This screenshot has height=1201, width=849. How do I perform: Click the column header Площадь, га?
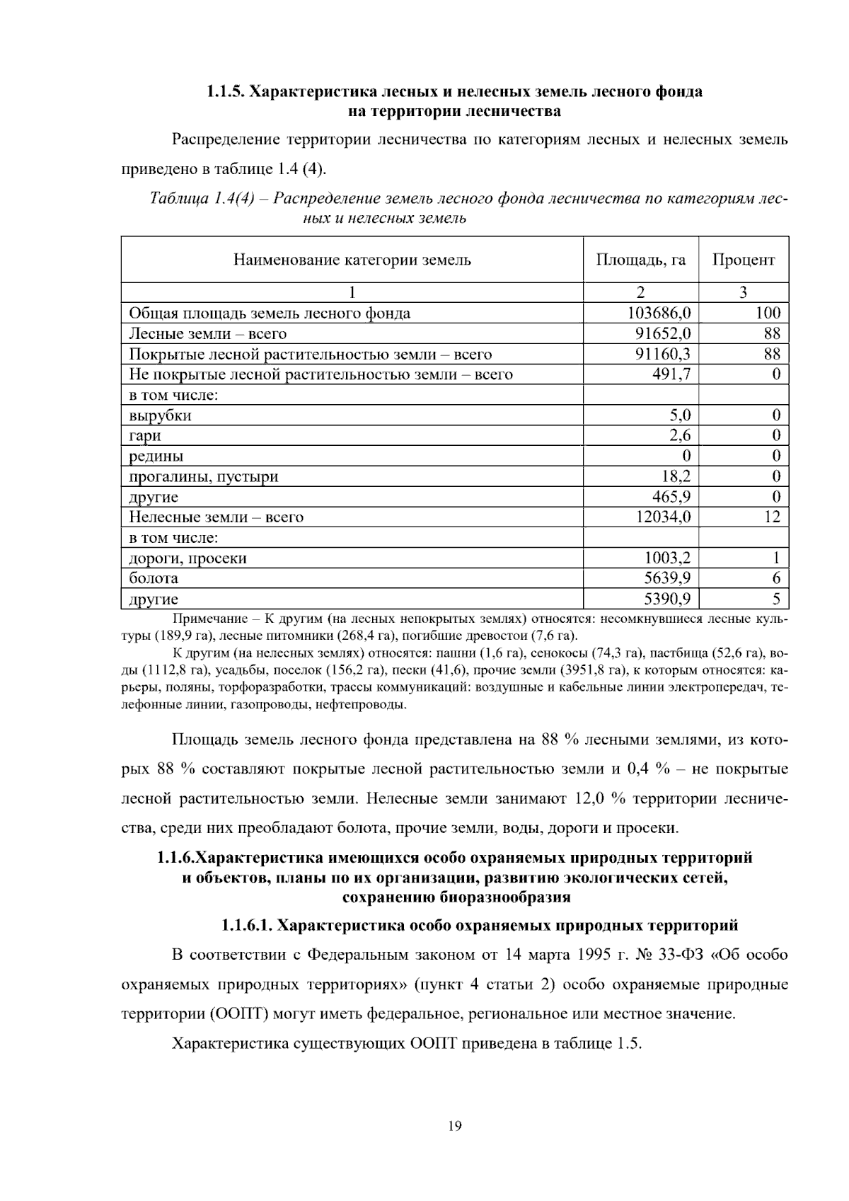point(640,260)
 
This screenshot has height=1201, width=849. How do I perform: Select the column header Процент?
point(743,260)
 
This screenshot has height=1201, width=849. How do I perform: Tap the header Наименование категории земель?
point(352,260)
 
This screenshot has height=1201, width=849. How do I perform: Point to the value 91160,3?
point(662,354)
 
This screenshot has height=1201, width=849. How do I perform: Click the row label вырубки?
point(160,415)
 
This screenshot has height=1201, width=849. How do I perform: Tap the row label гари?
point(145,436)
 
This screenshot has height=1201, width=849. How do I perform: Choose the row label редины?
point(156,456)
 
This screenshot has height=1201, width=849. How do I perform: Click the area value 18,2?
point(676,476)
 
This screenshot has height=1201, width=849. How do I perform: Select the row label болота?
point(154,579)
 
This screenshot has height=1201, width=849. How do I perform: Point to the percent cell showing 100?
point(768,313)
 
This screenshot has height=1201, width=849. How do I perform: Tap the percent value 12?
point(772,517)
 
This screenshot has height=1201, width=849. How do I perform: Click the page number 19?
point(454,1126)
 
